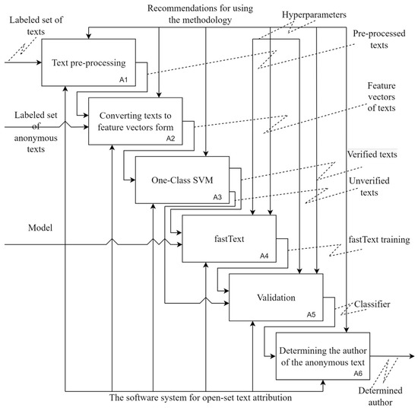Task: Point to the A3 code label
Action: [217, 197]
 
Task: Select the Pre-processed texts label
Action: [380, 40]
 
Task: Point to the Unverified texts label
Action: [378, 186]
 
